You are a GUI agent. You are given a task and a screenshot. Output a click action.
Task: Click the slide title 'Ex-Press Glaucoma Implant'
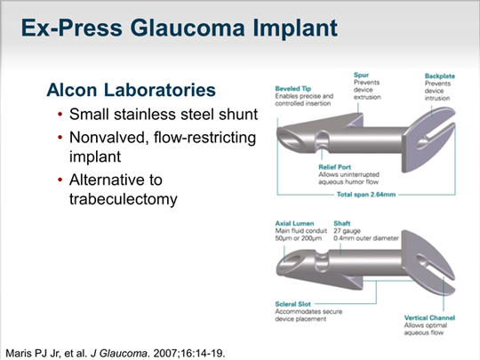pyautogui.click(x=179, y=28)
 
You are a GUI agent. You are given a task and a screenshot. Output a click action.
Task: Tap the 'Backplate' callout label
pyautogui.click(x=440, y=76)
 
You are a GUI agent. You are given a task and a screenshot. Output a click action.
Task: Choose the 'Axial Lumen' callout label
pyautogui.click(x=294, y=225)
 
